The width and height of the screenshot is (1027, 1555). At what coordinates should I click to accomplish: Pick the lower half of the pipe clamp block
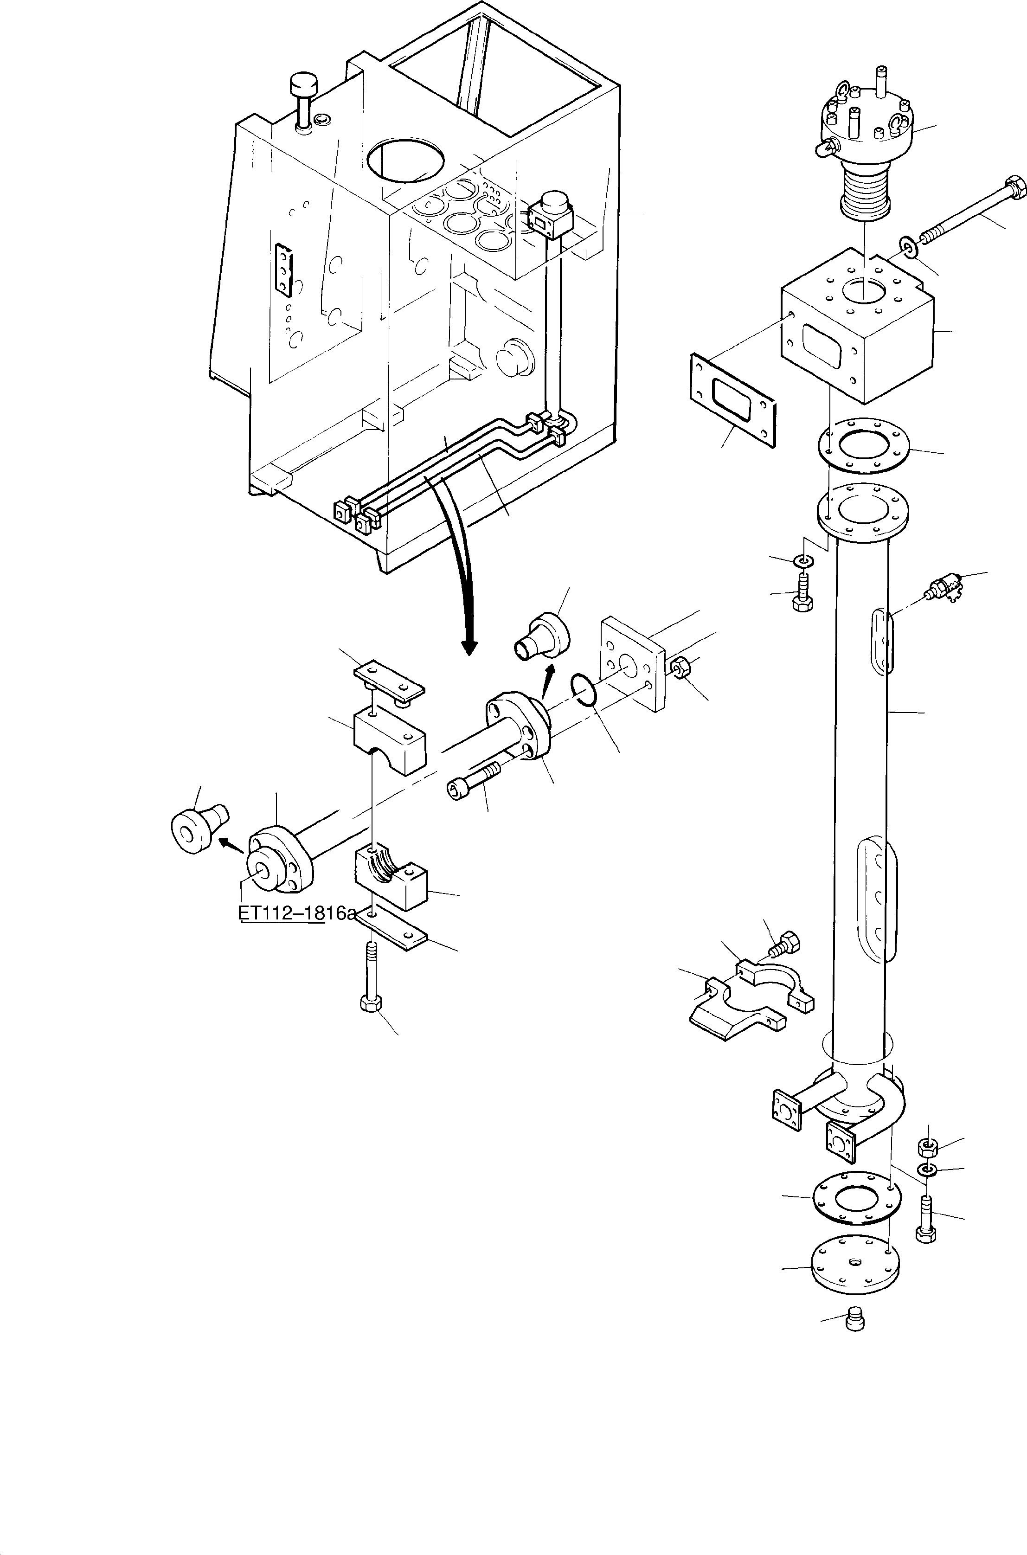click(x=391, y=878)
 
